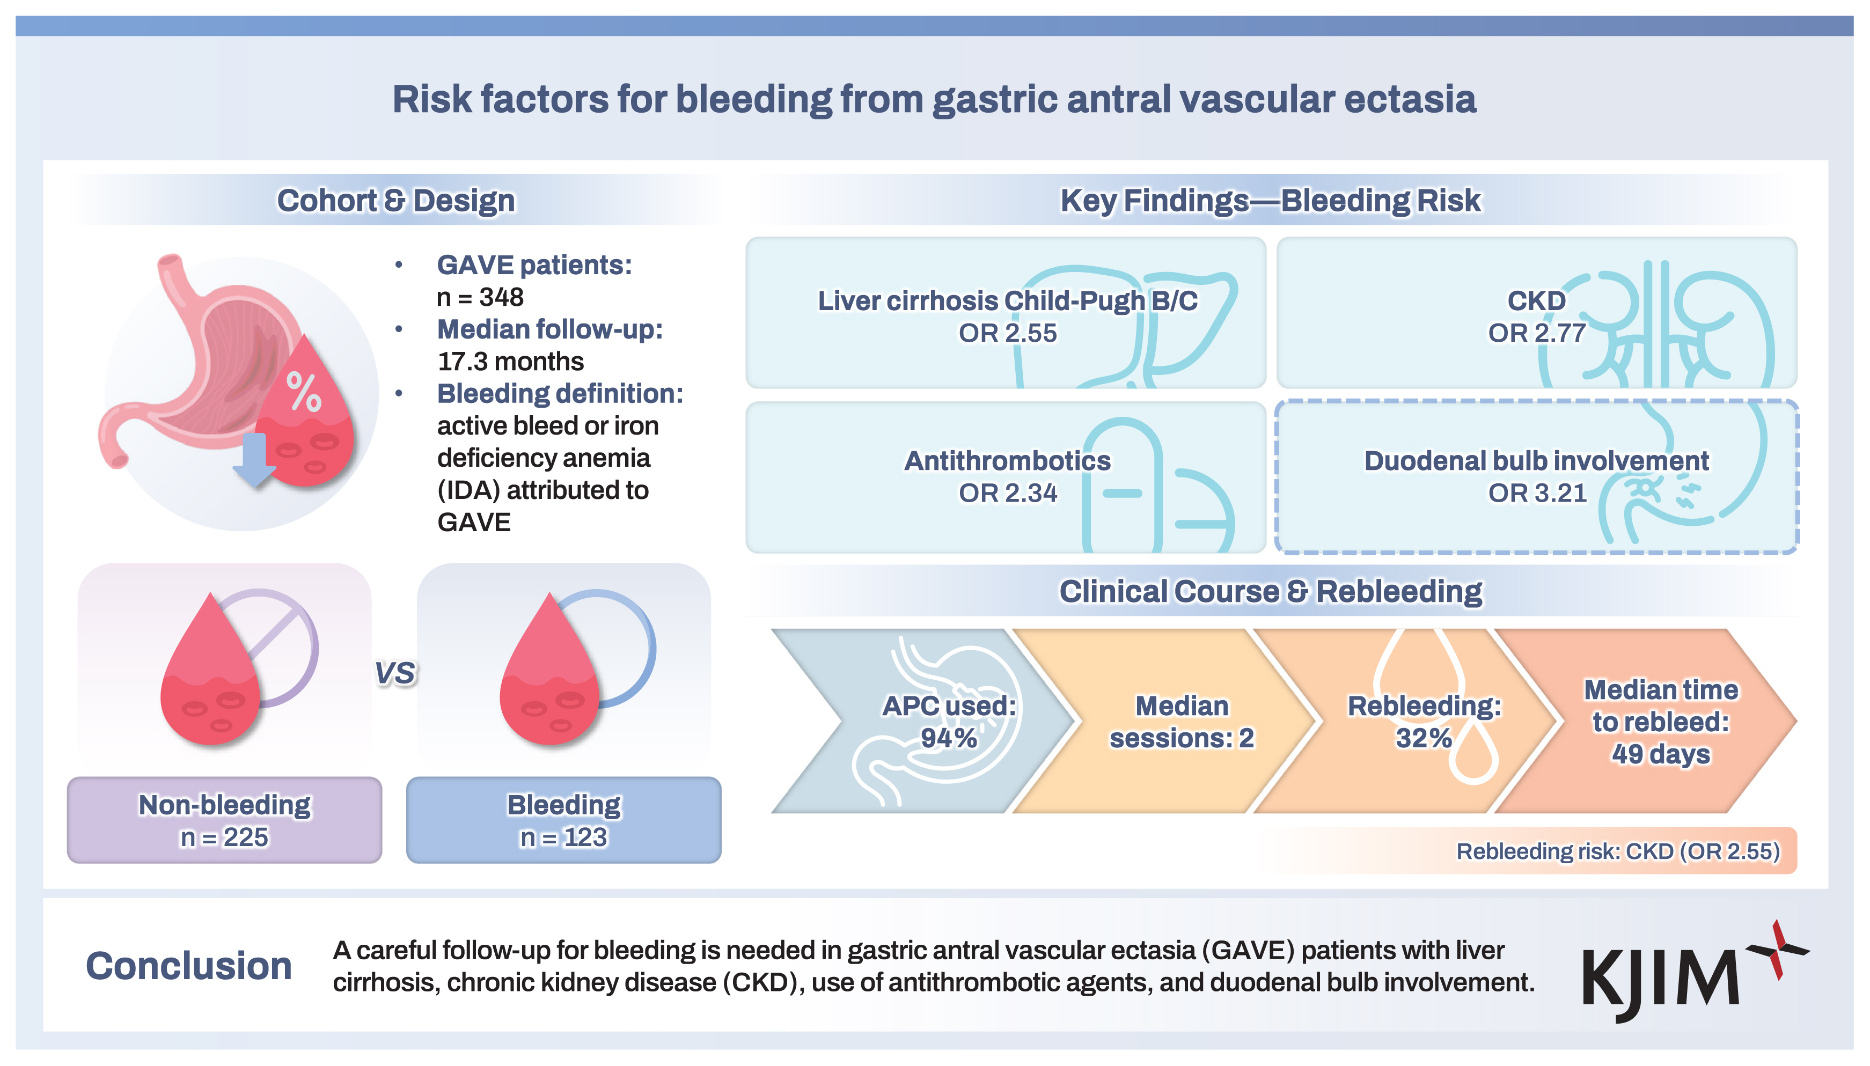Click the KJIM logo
[x=1695, y=972]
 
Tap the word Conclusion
[x=189, y=966]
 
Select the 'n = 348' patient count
[x=480, y=297]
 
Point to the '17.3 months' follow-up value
[x=510, y=362]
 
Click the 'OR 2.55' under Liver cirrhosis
[x=1008, y=333]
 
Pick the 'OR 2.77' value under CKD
[x=1537, y=333]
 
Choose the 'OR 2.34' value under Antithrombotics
[x=1008, y=494]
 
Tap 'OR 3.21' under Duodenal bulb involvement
[x=1537, y=494]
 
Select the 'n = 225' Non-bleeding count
[x=224, y=837]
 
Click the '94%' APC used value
[x=949, y=738]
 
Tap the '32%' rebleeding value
[x=1424, y=738]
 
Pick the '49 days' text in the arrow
[x=1661, y=754]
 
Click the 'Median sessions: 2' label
[x=1182, y=722]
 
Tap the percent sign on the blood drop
[x=303, y=392]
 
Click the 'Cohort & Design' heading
[x=395, y=201]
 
